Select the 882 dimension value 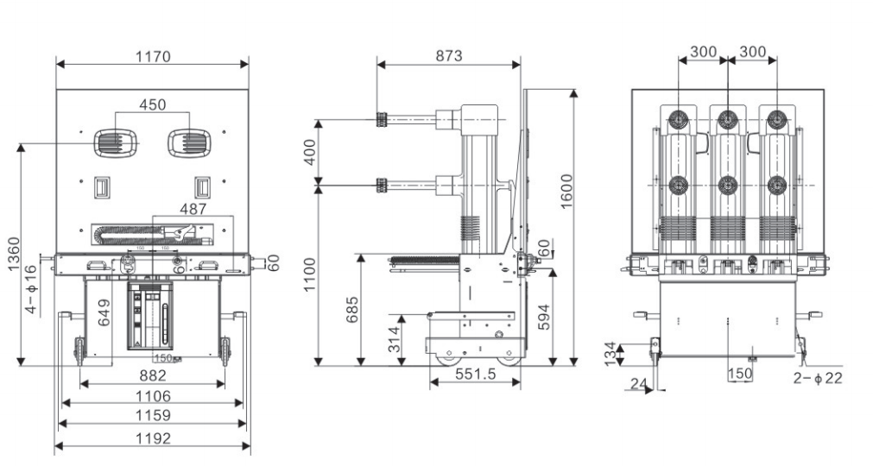coord(152,376)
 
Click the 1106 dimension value coord(152,396)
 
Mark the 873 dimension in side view coord(448,56)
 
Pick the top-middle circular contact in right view coord(728,118)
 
